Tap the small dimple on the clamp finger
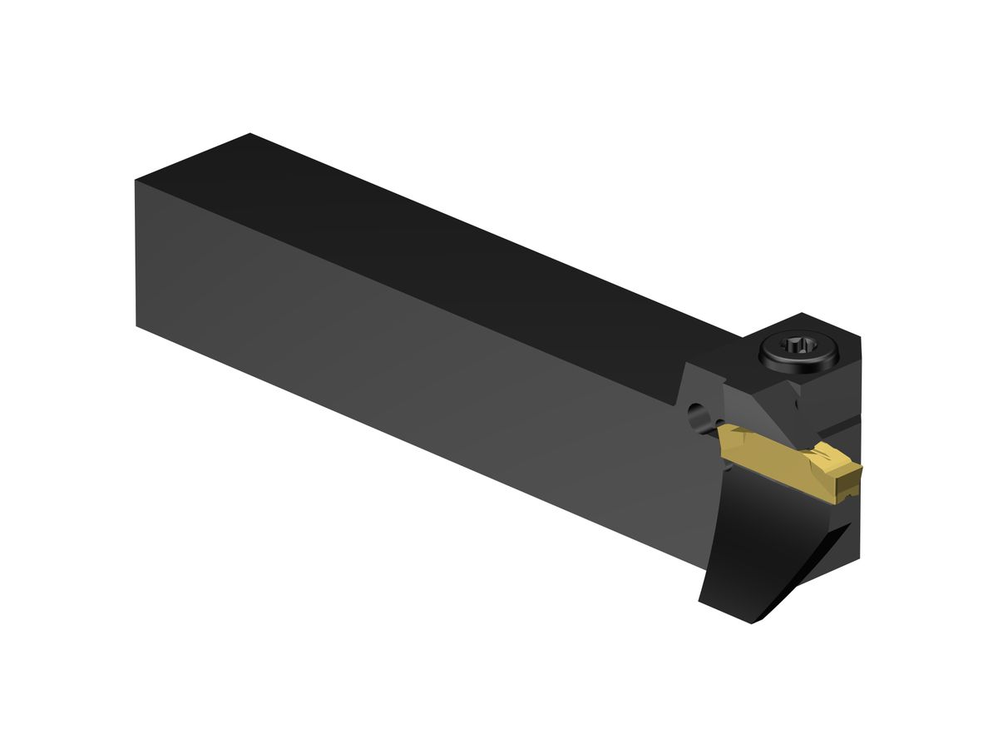click(796, 405)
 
